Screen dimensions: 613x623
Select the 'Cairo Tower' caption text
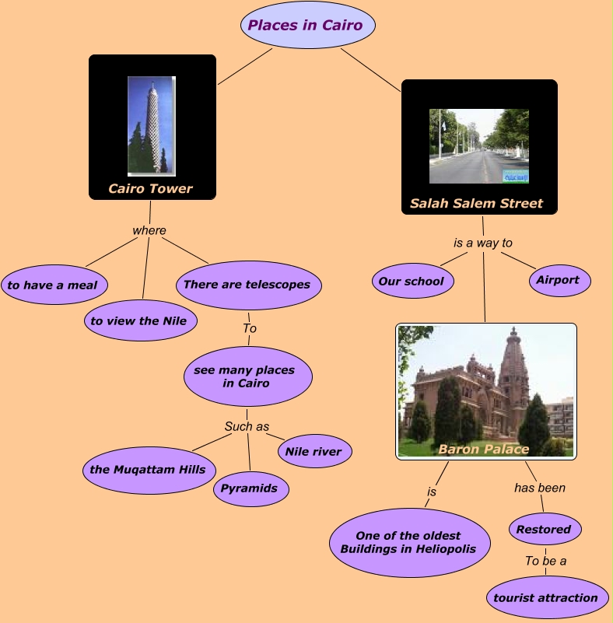pyautogui.click(x=151, y=188)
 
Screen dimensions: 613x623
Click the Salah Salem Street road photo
pyautogui.click(x=478, y=145)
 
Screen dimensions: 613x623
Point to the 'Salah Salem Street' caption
pyautogui.click(x=476, y=204)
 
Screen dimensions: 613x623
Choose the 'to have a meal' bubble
pyautogui.click(x=53, y=285)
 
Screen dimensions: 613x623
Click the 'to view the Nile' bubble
pyautogui.click(x=139, y=320)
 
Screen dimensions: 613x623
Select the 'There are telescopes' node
pyautogui.click(x=247, y=285)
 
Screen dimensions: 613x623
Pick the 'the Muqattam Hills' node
pyautogui.click(x=148, y=469)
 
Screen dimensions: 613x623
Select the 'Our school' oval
pyautogui.click(x=411, y=282)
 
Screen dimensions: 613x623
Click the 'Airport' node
pyautogui.click(x=558, y=280)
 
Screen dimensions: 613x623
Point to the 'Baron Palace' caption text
pyautogui.click(x=483, y=449)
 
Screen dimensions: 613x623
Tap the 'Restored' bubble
pyautogui.click(x=545, y=530)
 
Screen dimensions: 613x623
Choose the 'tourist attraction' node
pyautogui.click(x=546, y=597)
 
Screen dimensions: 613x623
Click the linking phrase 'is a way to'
pyautogui.click(x=482, y=243)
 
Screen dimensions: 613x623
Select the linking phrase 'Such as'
pyautogui.click(x=247, y=426)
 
